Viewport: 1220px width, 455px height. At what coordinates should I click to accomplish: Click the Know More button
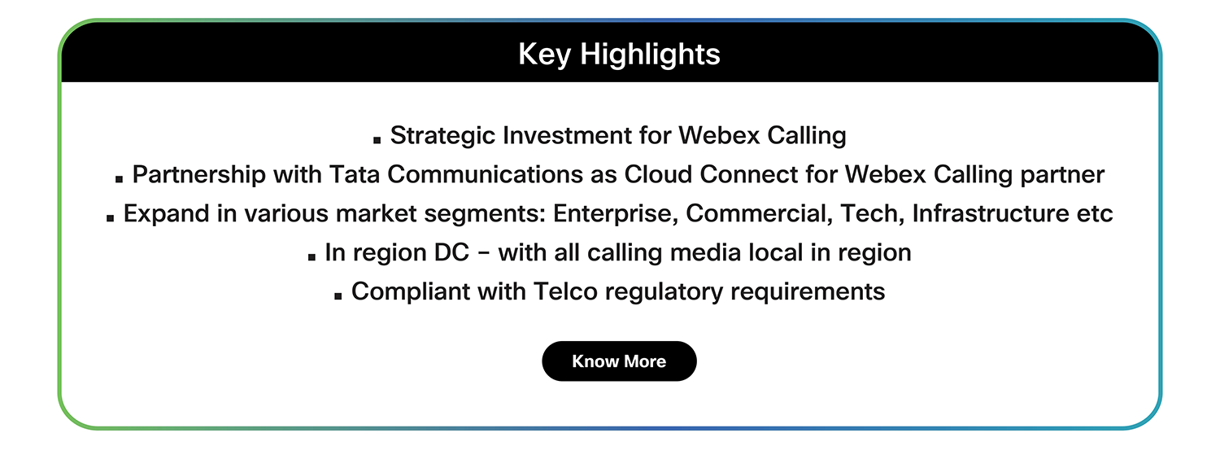[x=619, y=361]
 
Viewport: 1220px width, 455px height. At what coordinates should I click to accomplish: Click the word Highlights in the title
[x=650, y=55]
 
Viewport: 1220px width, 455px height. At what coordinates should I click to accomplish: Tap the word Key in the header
[x=545, y=55]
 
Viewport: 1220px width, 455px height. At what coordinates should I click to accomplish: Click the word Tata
[x=355, y=174]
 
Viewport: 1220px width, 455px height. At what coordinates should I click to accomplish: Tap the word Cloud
[x=658, y=174]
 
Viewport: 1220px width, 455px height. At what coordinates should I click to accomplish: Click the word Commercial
[x=759, y=213]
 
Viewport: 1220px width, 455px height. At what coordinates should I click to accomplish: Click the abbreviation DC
[x=451, y=253]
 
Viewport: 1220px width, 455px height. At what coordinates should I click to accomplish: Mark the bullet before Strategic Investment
[x=377, y=140]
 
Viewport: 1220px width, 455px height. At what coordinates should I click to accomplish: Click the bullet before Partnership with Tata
[x=120, y=179]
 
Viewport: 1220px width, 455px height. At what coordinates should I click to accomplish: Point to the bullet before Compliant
[x=338, y=296]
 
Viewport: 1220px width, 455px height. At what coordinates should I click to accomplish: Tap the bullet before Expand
[x=110, y=218]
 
